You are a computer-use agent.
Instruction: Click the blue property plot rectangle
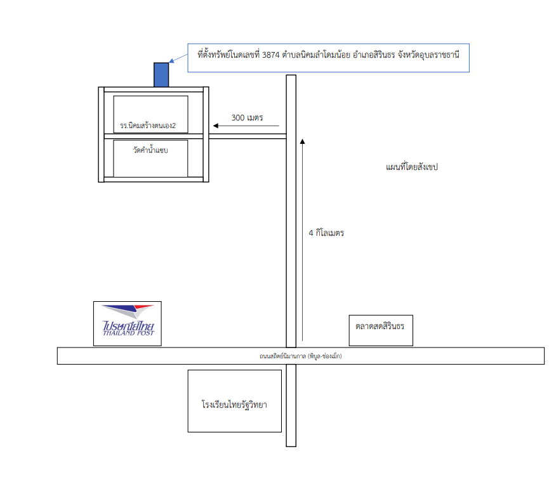[161, 75]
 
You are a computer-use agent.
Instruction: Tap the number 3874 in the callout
[270, 55]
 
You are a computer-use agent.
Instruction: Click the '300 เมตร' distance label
[247, 117]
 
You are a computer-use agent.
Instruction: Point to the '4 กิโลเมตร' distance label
[326, 233]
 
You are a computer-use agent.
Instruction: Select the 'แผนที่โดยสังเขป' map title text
[412, 167]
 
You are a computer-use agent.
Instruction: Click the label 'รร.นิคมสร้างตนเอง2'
[148, 126]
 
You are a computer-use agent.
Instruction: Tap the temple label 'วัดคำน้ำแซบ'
[150, 150]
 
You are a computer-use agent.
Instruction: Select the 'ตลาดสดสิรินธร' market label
[380, 326]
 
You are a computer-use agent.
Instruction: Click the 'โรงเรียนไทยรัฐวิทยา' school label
[234, 405]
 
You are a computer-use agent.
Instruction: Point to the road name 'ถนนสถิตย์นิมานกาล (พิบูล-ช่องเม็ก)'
[300, 356]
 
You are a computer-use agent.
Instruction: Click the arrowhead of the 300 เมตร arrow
[216, 126]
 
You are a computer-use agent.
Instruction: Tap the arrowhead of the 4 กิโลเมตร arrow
[303, 141]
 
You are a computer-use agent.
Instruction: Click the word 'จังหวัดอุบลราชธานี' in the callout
[428, 55]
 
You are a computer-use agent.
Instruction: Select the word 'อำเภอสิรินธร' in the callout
[374, 55]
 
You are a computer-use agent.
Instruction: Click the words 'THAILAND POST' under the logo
[128, 334]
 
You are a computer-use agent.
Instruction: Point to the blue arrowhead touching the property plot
[171, 62]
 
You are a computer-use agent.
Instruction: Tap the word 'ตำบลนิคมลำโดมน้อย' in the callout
[316, 55]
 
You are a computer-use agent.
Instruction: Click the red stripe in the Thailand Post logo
[144, 307]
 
